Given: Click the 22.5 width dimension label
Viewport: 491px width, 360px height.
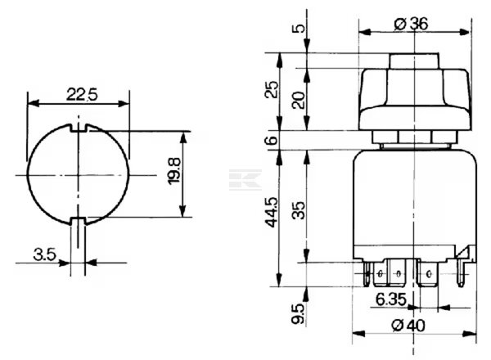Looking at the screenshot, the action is [x=82, y=94].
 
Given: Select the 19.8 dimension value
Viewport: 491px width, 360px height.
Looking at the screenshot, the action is [x=174, y=171].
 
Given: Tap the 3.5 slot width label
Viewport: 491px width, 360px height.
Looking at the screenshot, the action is [x=44, y=254].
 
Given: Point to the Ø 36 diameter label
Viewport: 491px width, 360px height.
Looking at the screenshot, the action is [x=411, y=24].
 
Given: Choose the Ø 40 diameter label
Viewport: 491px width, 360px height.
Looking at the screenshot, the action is [x=408, y=326].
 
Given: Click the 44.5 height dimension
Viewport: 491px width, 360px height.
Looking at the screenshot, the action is [x=272, y=212].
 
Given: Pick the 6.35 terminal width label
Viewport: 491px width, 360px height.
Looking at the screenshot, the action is [x=391, y=299].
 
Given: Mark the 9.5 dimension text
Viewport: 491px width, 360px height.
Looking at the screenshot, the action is [x=298, y=314].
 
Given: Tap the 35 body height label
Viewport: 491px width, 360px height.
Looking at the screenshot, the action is [x=298, y=210].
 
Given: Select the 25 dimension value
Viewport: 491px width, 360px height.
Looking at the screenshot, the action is [x=271, y=89].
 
